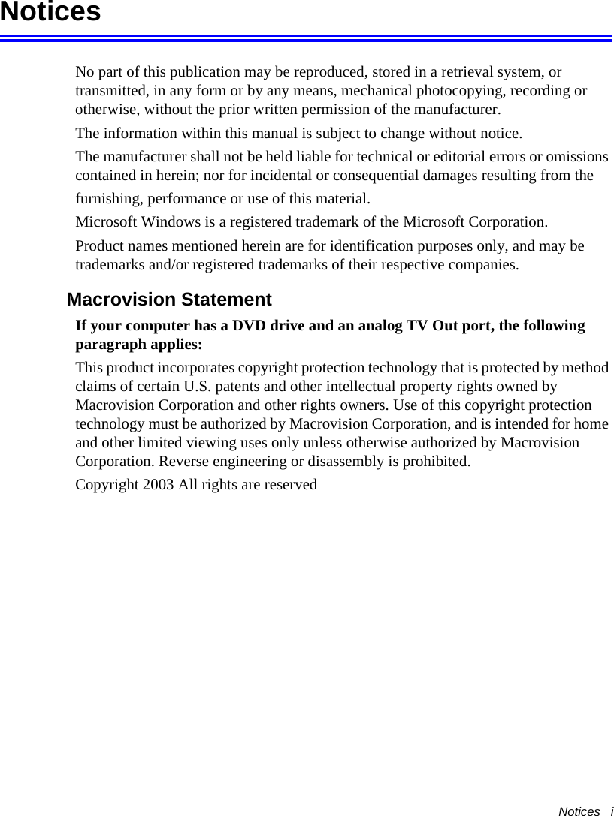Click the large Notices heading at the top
(50, 12)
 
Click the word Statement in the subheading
(223, 300)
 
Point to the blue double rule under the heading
(307, 37)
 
